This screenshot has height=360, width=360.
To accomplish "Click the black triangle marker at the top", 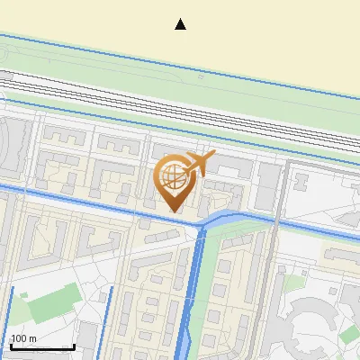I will [x=180, y=24].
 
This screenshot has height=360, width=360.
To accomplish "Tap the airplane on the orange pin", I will [x=198, y=164].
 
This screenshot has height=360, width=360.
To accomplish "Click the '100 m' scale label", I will [x=23, y=338].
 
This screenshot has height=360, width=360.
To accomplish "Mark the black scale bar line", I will [x=41, y=346].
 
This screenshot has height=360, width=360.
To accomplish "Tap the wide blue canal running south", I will [x=191, y=297].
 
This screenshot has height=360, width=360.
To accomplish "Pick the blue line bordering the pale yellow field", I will [x=180, y=56].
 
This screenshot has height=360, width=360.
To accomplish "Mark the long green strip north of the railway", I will [x=180, y=76].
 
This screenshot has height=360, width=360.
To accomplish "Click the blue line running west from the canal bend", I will [x=90, y=203].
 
